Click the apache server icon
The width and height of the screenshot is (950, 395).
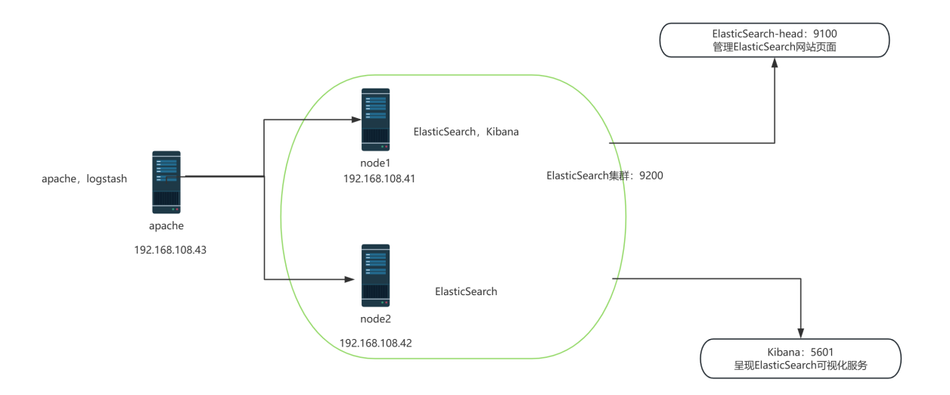[x=166, y=182]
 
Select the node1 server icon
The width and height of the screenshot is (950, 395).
[x=375, y=120]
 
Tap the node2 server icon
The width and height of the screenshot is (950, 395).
[x=375, y=275]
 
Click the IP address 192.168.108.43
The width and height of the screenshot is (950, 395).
[x=170, y=250]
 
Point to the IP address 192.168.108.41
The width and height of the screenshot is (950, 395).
[x=380, y=179]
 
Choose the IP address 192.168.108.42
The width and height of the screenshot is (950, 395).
[x=376, y=343]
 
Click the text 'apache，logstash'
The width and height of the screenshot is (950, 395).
[x=85, y=179]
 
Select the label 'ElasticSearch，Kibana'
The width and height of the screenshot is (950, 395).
[x=466, y=132]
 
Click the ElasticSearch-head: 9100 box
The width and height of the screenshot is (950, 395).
[x=775, y=40]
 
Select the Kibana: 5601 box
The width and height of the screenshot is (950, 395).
[x=800, y=358]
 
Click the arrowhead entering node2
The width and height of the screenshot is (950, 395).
[x=349, y=279]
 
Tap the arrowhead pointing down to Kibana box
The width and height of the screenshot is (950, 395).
[x=800, y=333]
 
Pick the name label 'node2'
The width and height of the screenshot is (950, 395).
[x=376, y=319]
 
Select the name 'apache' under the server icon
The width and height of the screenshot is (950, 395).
[x=166, y=225]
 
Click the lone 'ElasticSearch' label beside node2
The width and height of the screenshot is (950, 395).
[x=466, y=291]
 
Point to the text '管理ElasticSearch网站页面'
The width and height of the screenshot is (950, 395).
[x=775, y=47]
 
